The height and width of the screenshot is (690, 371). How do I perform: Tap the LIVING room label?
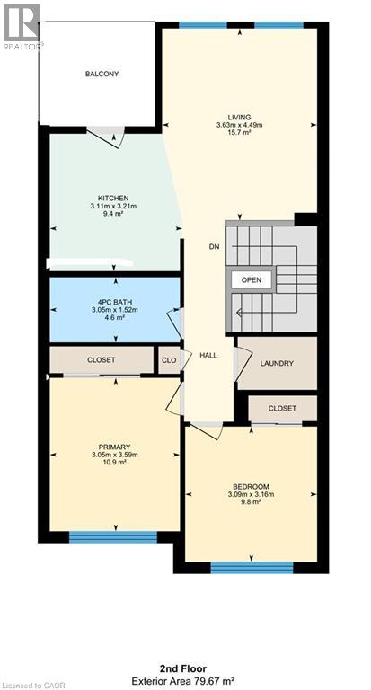pyautogui.click(x=239, y=117)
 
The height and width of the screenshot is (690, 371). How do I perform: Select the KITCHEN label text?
pyautogui.click(x=114, y=198)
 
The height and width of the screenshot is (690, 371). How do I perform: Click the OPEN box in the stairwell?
pyautogui.click(x=252, y=280)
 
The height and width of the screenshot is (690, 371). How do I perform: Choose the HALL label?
pyautogui.click(x=208, y=355)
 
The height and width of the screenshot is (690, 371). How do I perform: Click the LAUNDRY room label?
pyautogui.click(x=277, y=364)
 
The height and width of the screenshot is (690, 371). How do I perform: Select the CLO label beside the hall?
pyautogui.click(x=169, y=360)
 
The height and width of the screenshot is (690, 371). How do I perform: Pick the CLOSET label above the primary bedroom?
pyautogui.click(x=102, y=360)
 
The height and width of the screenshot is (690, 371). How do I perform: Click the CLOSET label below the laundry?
pyautogui.click(x=282, y=408)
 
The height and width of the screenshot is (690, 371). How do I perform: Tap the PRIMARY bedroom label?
pyautogui.click(x=115, y=447)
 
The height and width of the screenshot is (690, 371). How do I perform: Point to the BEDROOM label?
pyautogui.click(x=251, y=487)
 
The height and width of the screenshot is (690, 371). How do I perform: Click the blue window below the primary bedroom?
pyautogui.click(x=112, y=537)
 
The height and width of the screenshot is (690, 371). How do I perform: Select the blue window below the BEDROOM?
pyautogui.click(x=252, y=567)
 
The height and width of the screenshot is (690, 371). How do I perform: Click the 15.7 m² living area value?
pyautogui.click(x=239, y=134)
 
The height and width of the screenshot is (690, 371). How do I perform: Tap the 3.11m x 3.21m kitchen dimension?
pyautogui.click(x=114, y=207)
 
